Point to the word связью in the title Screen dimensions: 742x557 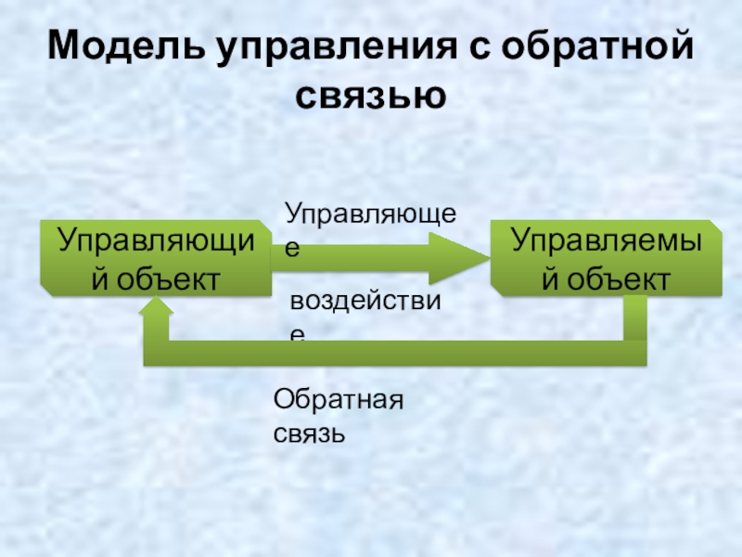(x=371, y=94)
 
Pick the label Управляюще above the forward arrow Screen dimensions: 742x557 (x=370, y=215)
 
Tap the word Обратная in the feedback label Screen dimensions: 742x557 (x=339, y=401)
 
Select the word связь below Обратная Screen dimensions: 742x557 (x=310, y=433)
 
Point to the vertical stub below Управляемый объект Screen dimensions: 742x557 (x=634, y=320)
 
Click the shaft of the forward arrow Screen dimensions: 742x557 (x=352, y=258)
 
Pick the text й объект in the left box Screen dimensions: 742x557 (x=156, y=276)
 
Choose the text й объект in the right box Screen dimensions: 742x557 (x=608, y=276)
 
